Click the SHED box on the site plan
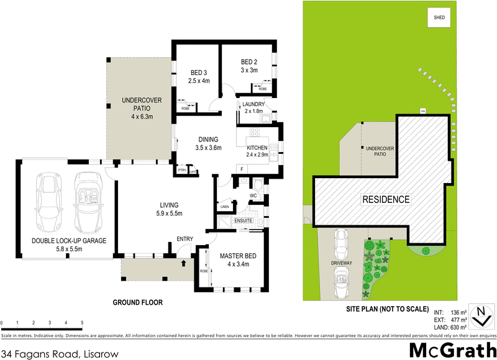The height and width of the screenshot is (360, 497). click(x=439, y=18)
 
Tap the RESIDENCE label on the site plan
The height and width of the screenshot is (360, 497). click(x=386, y=199)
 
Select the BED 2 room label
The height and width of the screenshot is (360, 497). click(x=249, y=62)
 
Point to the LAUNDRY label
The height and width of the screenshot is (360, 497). click(x=254, y=104)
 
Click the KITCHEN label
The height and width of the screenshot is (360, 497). click(x=257, y=147)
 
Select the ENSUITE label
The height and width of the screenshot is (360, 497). click(x=242, y=220)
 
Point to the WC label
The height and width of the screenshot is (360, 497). click(x=253, y=196)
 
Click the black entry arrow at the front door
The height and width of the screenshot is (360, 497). click(x=183, y=263)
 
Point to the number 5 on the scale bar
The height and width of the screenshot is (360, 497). click(x=82, y=323)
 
